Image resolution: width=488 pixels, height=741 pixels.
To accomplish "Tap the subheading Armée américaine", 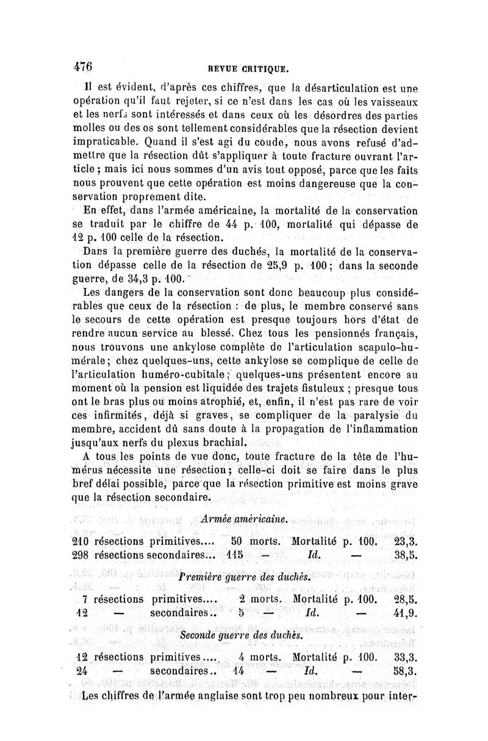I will (244, 518).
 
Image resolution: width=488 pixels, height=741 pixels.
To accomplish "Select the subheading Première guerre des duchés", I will (243, 576).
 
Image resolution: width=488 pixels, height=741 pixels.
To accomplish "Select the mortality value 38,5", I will (404, 556).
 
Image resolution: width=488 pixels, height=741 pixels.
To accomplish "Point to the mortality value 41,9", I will (404, 613).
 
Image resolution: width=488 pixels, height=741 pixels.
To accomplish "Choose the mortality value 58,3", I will (404, 672).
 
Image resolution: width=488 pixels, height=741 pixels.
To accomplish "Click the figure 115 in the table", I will (236, 556).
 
